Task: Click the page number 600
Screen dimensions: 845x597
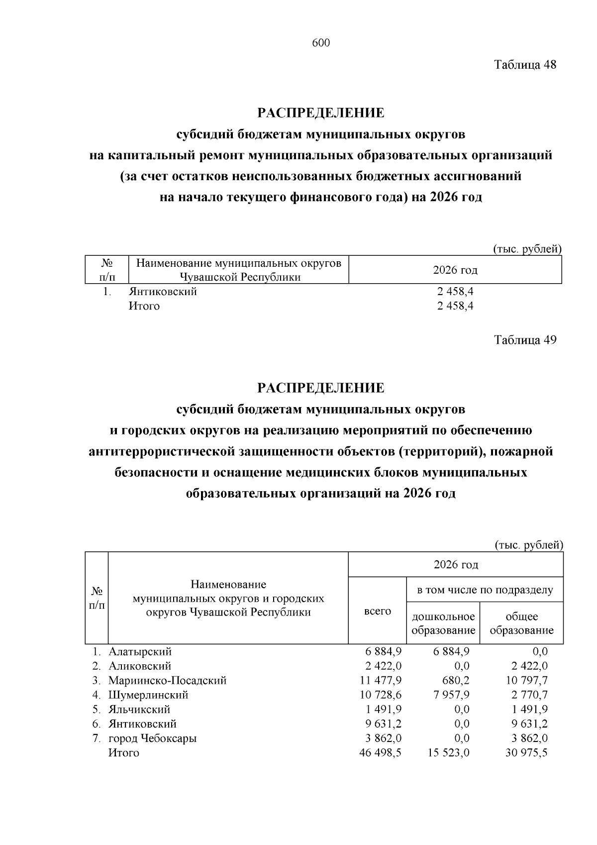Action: point(321,43)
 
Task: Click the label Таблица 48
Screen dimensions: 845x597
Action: point(525,65)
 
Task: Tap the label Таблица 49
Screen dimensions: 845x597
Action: point(525,340)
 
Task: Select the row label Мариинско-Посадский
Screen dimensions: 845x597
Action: point(168,680)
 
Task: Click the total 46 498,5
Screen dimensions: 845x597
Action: point(380,752)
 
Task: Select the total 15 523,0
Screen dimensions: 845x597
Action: point(448,752)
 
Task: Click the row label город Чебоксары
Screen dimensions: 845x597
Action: point(153,738)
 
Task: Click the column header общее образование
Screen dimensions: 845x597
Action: point(522,624)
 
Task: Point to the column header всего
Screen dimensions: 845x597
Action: point(378,611)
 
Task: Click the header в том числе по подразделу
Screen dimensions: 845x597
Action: point(485,590)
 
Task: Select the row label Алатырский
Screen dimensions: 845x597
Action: point(140,651)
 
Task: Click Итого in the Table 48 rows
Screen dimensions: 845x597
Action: point(144,306)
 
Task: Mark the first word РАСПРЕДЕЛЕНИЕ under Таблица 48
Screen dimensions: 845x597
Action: point(321,113)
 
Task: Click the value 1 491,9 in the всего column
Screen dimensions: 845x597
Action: point(384,709)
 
